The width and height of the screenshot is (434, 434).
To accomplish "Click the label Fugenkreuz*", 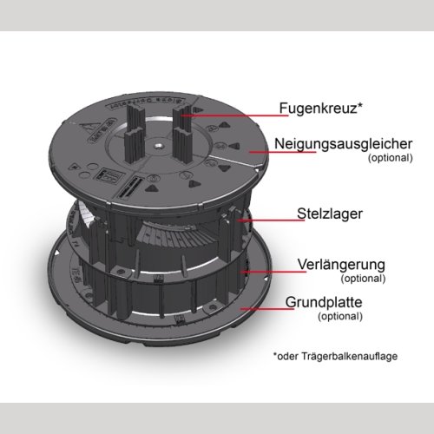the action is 320,108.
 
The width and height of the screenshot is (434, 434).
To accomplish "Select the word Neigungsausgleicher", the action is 344,144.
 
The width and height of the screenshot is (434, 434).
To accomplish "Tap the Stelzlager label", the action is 330,214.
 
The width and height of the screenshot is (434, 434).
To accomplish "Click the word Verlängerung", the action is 341,265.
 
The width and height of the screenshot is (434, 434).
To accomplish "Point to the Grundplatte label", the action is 324,302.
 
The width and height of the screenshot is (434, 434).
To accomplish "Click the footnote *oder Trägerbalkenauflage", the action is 335,356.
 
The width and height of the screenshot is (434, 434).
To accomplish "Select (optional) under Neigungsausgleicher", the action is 391,158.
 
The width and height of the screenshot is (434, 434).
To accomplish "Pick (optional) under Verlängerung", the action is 363,279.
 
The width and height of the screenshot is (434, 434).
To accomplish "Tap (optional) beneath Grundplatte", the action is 340,316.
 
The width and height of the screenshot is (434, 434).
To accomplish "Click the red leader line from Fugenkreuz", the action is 234,115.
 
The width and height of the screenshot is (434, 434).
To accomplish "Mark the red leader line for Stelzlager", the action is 271,220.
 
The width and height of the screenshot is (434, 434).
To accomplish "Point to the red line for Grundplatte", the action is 267,309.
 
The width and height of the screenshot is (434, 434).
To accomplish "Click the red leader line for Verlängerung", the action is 273,272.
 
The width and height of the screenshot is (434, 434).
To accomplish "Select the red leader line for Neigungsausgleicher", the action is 283,152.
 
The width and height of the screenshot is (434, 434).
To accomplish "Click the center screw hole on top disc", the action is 158,147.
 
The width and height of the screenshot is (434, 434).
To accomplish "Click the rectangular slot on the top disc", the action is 129,187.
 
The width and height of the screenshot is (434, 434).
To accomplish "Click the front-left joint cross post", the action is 135,146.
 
